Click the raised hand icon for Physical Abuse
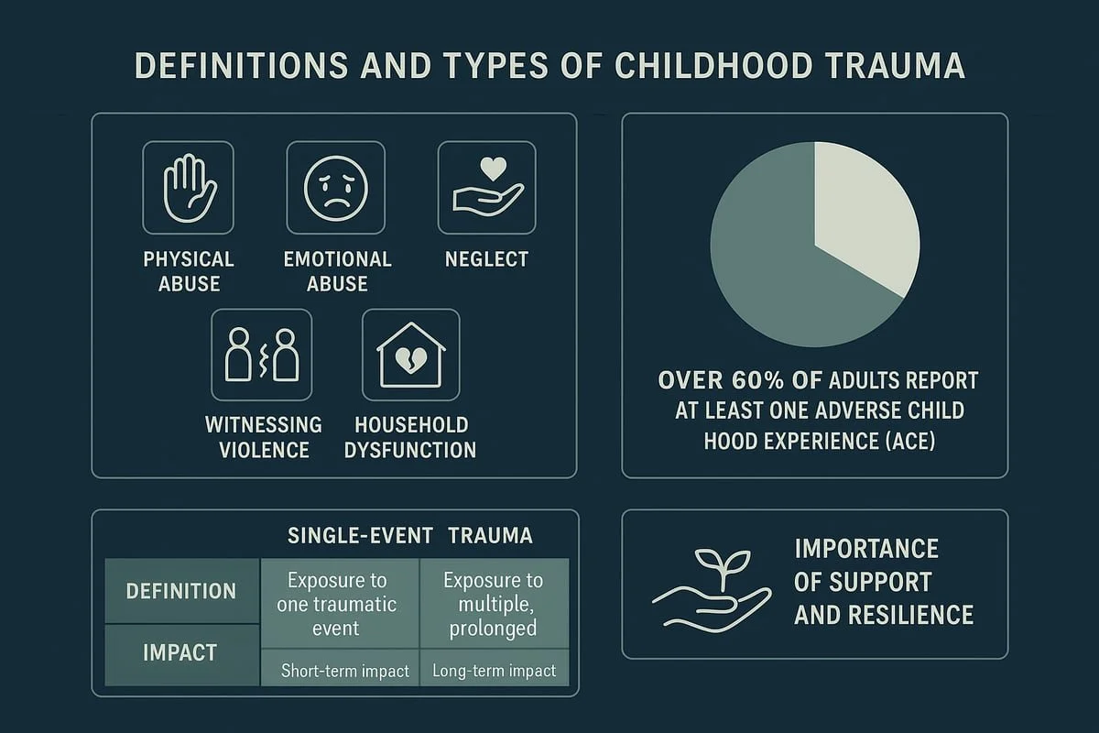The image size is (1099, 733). point(189,187)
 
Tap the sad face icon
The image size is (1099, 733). point(332,187)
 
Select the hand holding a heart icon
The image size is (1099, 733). point(486,187)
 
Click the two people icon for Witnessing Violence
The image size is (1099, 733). point(262,355)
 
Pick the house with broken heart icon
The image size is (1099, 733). point(411,355)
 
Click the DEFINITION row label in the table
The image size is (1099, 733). point(181,591)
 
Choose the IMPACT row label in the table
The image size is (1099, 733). point(180,653)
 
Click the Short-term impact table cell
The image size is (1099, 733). point(344,671)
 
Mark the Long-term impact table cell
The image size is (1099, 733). point(494,671)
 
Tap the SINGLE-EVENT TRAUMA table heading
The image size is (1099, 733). point(409,536)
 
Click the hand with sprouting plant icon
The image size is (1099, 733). point(711,586)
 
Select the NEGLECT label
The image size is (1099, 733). point(486,259)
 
